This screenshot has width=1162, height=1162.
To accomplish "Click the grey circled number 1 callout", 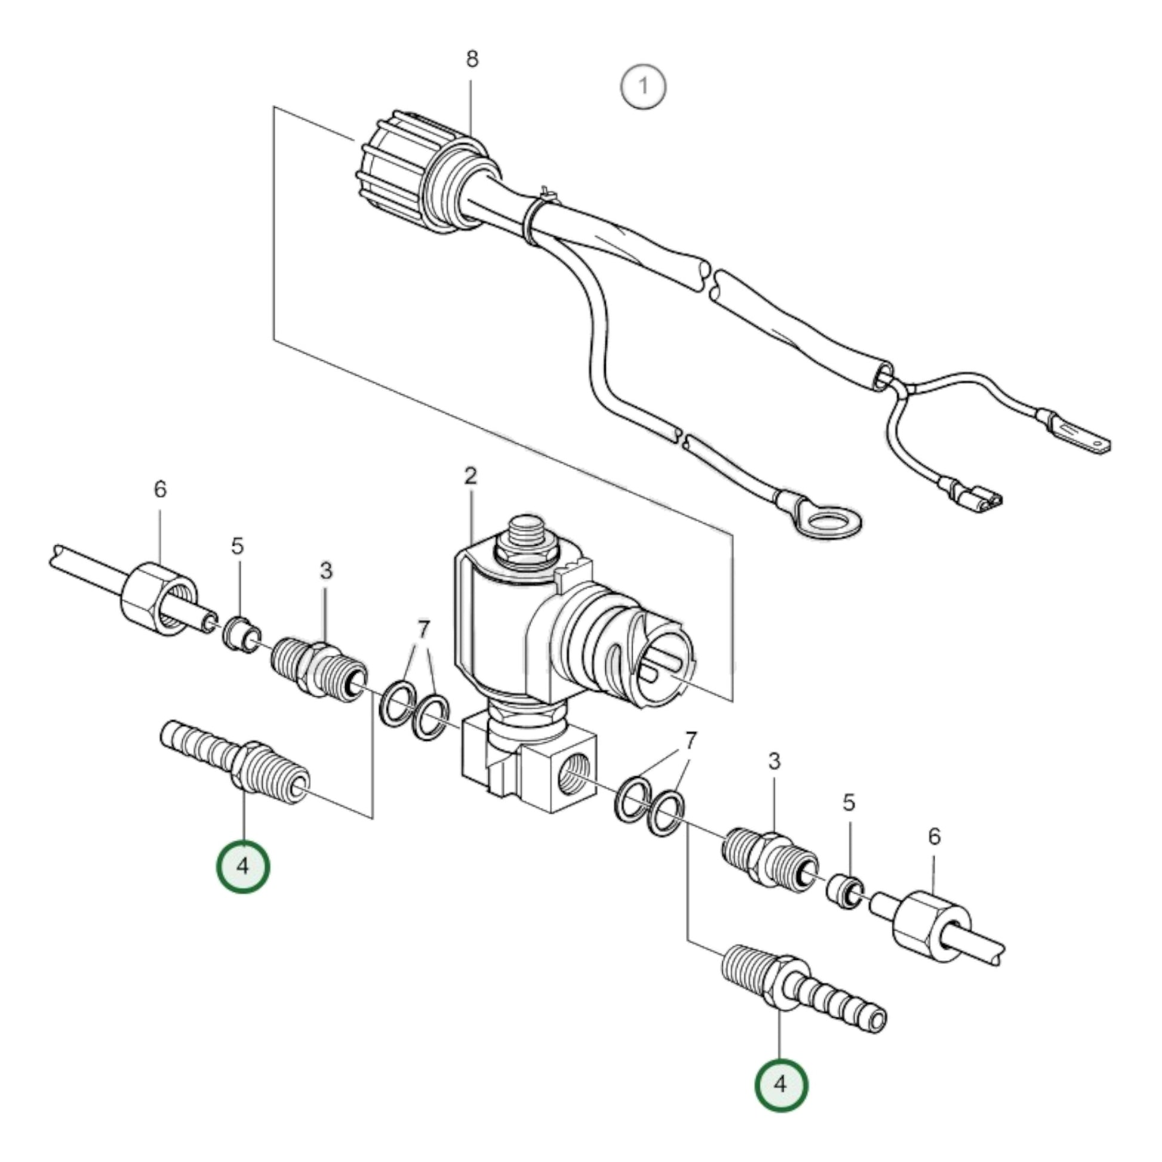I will pos(643,86).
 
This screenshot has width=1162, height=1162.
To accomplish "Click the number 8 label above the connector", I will pos(472,59).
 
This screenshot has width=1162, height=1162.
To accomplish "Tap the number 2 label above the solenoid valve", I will pos(471,476).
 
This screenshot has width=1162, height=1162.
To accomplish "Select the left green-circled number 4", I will pos(243,866).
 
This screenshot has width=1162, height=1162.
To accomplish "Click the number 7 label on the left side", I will pos(423,630).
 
